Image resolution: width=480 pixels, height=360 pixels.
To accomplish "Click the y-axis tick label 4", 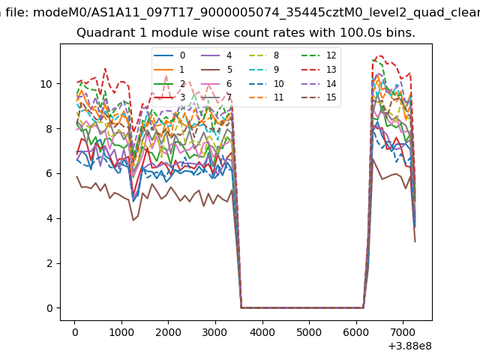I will point(49,218).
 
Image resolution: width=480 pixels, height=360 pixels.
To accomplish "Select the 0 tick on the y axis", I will point(49,308).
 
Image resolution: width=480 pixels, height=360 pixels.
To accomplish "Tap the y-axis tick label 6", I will point(49,173).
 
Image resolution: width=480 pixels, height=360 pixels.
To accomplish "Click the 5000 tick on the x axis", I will point(309,331).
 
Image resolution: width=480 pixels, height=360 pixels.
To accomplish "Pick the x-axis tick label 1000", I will point(121,331).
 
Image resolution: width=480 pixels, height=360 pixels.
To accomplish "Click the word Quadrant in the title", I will point(103,33).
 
